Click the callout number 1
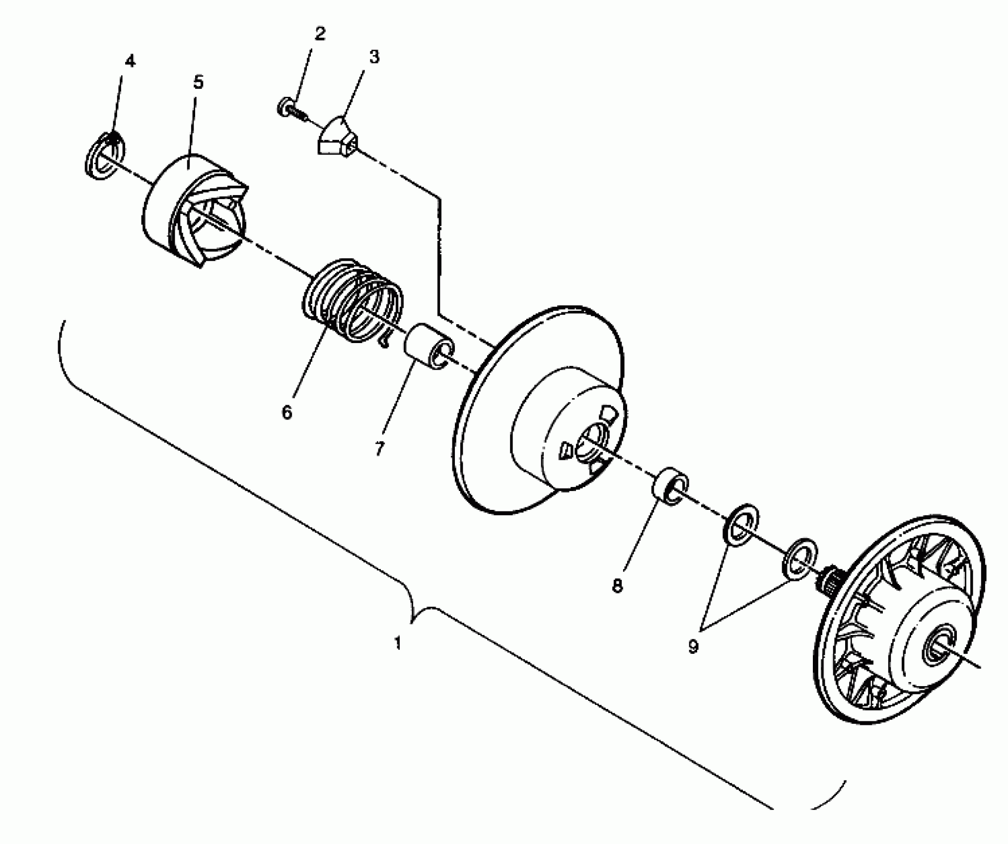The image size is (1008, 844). point(398,644)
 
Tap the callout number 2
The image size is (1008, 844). point(320,34)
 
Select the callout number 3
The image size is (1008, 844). point(374,57)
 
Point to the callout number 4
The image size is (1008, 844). point(130,62)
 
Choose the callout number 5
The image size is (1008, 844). point(198,82)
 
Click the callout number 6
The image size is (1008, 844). point(287,412)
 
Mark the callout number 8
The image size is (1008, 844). point(617,586)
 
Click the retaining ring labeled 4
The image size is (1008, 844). point(104,156)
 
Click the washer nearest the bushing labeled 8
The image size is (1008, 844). point(740,529)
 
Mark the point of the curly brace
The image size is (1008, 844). point(412,619)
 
